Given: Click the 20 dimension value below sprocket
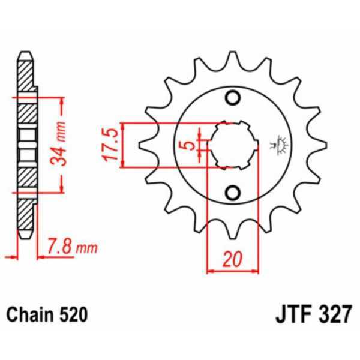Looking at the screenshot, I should click(x=232, y=259).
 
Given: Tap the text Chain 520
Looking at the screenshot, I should click(x=47, y=314).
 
